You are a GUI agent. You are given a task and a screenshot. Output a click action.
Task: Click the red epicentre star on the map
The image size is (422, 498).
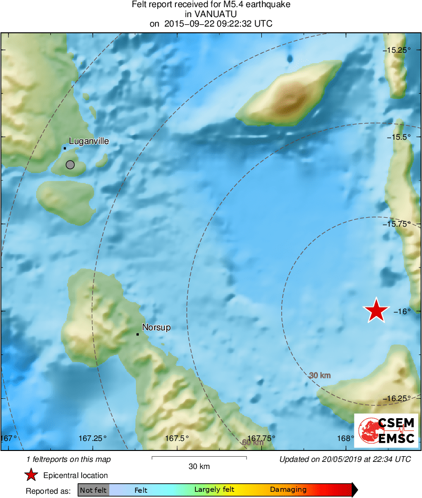[376, 311]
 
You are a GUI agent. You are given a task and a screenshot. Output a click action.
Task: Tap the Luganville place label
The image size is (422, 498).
[89, 141]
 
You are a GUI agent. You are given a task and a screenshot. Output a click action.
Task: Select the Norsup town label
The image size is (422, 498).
[156, 327]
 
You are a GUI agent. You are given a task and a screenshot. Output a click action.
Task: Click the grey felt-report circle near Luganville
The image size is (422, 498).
[70, 165]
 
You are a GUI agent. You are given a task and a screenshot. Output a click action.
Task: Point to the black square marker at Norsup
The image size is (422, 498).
[137, 335]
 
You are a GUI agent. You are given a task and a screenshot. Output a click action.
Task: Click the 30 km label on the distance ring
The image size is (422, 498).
[319, 375]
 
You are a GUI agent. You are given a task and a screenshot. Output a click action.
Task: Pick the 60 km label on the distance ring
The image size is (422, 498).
[252, 442]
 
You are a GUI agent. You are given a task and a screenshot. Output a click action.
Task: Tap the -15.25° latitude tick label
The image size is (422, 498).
[397, 50]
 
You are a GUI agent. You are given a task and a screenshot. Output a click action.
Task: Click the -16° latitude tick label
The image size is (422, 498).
[402, 312]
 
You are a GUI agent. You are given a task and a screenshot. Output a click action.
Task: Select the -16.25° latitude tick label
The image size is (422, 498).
[397, 399]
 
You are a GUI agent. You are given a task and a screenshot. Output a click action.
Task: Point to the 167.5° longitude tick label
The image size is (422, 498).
[177, 438]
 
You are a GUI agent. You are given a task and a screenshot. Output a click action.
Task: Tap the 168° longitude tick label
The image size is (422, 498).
[346, 438]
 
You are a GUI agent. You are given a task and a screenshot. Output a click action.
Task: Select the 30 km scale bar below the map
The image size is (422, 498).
[199, 458]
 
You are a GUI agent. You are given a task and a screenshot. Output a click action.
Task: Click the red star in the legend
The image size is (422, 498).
[31, 475]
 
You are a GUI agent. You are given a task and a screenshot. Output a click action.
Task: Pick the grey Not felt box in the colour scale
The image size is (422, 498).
[93, 490]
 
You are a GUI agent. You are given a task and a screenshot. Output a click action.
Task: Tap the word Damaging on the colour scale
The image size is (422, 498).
[288, 490]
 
